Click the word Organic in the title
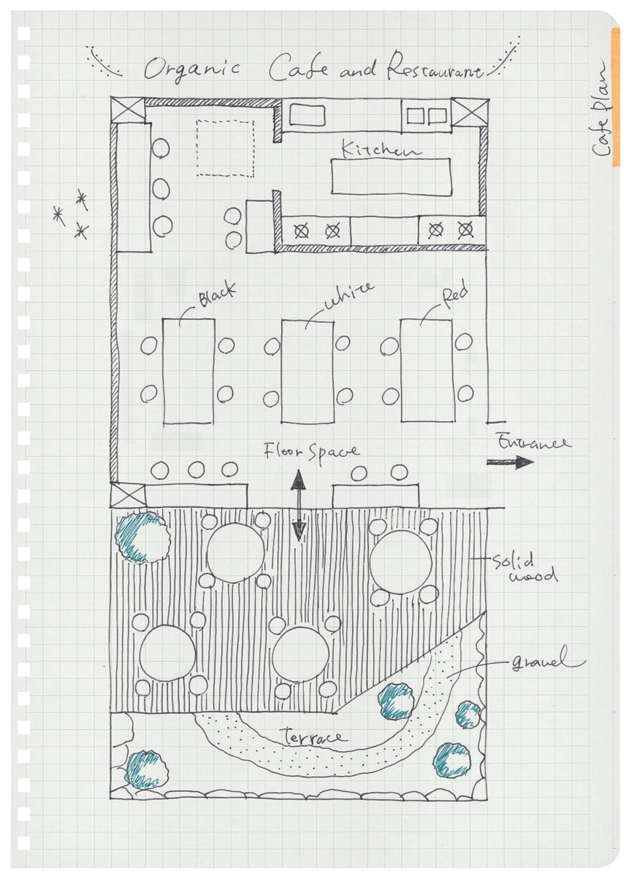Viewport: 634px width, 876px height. click(192, 69)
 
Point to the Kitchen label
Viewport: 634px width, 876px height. click(381, 149)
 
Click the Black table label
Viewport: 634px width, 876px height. click(218, 294)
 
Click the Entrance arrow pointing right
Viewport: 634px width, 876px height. click(510, 462)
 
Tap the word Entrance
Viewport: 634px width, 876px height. click(534, 442)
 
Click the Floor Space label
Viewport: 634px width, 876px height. click(311, 451)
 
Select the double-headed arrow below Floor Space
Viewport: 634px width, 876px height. click(299, 505)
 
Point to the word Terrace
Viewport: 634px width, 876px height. click(313, 737)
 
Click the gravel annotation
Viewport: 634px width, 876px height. click(548, 659)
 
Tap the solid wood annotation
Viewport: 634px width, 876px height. click(524, 567)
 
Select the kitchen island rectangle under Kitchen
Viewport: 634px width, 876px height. click(391, 176)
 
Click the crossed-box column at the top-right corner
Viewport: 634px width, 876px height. click(470, 112)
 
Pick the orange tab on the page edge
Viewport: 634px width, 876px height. click(615, 97)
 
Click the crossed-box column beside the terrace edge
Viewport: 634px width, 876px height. click(128, 496)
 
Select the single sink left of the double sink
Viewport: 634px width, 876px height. click(308, 115)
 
